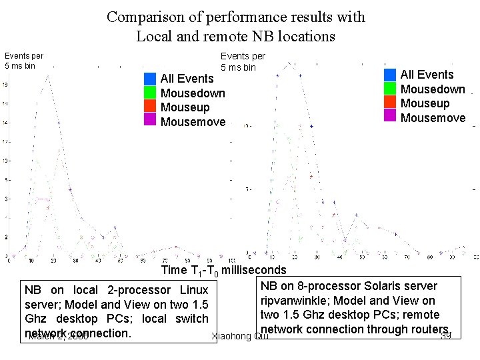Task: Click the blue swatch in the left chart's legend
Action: point(150,79)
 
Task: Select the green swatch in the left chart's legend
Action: point(150,93)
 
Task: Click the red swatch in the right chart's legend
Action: point(390,103)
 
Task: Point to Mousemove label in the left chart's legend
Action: point(193,122)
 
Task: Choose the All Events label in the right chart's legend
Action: point(427,75)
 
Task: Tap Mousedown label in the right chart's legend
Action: point(433,89)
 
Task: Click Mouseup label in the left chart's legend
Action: point(185,107)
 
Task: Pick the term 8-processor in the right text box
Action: point(321,286)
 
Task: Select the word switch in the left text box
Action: point(192,319)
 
